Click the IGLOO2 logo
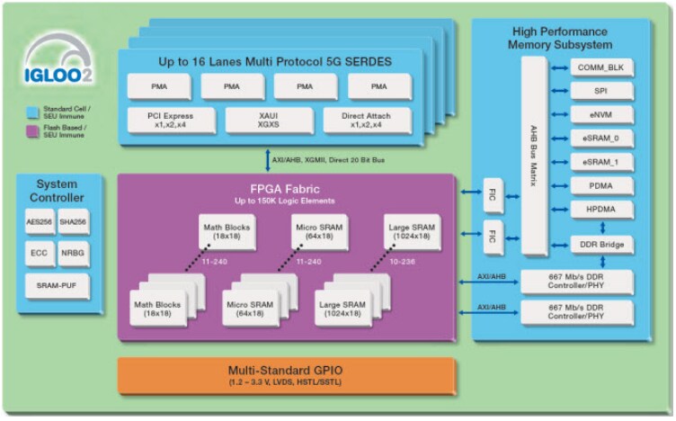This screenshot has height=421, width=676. click(56, 70)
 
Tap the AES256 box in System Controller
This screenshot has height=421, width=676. click(40, 221)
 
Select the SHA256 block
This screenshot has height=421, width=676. click(74, 221)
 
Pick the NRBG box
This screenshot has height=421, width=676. click(74, 254)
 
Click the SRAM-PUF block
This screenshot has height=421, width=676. click(57, 286)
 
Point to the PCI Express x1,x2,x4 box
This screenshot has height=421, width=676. click(171, 121)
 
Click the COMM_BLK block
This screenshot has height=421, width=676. click(600, 68)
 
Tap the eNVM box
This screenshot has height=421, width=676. click(600, 115)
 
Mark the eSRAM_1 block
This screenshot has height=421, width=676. click(600, 162)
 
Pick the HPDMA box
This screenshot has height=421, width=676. click(600, 209)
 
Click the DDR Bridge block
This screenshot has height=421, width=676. click(600, 245)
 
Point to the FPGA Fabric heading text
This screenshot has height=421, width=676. click(287, 190)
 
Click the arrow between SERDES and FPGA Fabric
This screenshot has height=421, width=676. click(267, 159)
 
